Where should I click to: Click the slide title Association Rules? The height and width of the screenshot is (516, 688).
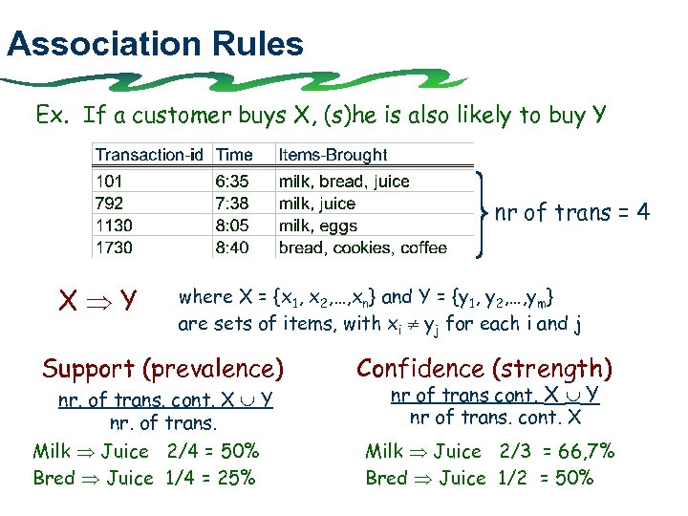155,44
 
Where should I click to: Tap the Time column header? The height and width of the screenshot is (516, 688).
234,155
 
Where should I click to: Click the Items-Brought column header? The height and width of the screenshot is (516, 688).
333,155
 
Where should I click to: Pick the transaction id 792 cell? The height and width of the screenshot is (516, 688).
109,204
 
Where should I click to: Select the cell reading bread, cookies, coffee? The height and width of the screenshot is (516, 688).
362,248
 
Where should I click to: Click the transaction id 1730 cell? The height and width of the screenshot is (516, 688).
114,248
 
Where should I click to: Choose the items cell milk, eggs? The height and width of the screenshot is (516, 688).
317,226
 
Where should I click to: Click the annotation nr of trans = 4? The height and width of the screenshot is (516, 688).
572,213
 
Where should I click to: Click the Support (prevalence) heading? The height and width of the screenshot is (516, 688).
163,368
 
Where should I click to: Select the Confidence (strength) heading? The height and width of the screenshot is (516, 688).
484,368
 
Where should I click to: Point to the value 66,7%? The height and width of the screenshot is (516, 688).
583,451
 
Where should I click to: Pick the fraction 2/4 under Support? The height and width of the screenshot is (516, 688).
183,451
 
